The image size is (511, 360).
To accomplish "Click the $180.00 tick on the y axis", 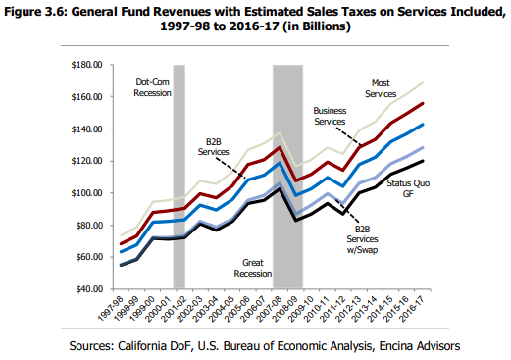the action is [86, 65].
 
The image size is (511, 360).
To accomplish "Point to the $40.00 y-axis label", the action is [89, 289].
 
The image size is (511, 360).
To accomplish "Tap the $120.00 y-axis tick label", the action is [86, 161].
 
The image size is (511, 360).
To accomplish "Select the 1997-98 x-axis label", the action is [110, 308].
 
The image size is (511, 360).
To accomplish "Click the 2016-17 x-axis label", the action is [412, 308].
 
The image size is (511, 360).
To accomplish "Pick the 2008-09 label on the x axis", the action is [285, 308].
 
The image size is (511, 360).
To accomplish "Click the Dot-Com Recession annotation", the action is [152, 87].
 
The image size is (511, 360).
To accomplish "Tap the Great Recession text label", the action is [253, 268].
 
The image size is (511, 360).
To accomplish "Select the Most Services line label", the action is [381, 88].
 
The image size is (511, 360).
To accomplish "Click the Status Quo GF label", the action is [408, 188].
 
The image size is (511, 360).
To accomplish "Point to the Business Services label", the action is [330, 116].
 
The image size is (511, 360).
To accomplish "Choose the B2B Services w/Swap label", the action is [362, 239].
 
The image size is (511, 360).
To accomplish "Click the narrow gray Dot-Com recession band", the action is [179, 177].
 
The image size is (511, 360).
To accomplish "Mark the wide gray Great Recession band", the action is [287, 177].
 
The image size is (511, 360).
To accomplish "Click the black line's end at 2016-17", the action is [423, 161].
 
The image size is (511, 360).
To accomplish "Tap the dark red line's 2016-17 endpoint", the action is [423, 103].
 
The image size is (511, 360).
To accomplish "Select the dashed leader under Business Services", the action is [348, 136].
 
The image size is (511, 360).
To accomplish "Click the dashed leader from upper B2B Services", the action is [230, 168].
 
